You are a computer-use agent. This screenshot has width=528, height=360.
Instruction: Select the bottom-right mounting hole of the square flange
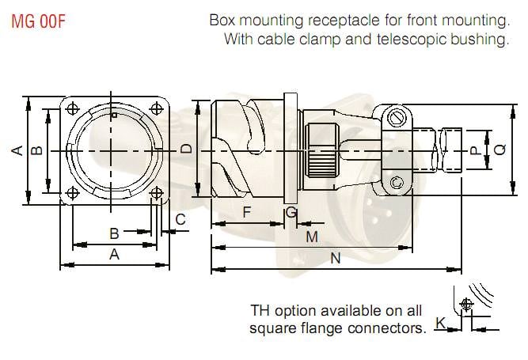(x=157, y=191)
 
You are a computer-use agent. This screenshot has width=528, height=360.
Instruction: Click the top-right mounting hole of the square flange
(x=157, y=109)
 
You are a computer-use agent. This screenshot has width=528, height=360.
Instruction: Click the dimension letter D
(x=185, y=149)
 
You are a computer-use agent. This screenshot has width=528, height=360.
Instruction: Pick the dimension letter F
(x=246, y=212)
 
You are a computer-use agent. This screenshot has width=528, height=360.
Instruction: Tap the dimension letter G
(x=291, y=212)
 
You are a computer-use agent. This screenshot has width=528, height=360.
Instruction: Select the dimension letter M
(x=311, y=237)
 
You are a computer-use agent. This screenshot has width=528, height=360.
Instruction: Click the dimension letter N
(x=336, y=258)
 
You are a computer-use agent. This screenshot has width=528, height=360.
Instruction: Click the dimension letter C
(x=180, y=219)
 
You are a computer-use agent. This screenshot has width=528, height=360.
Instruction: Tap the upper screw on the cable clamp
(x=397, y=119)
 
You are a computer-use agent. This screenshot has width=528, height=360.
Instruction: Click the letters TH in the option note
(x=261, y=310)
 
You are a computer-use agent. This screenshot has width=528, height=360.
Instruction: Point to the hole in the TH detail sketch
(x=465, y=303)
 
